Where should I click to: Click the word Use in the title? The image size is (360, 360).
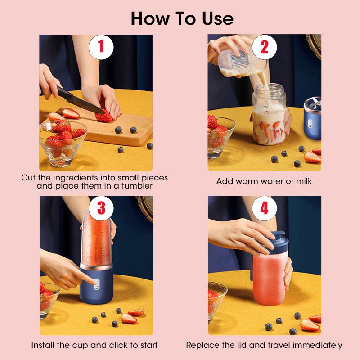pyautogui.click(x=215, y=18)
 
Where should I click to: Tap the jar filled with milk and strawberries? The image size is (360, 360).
pyautogui.click(x=269, y=119)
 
